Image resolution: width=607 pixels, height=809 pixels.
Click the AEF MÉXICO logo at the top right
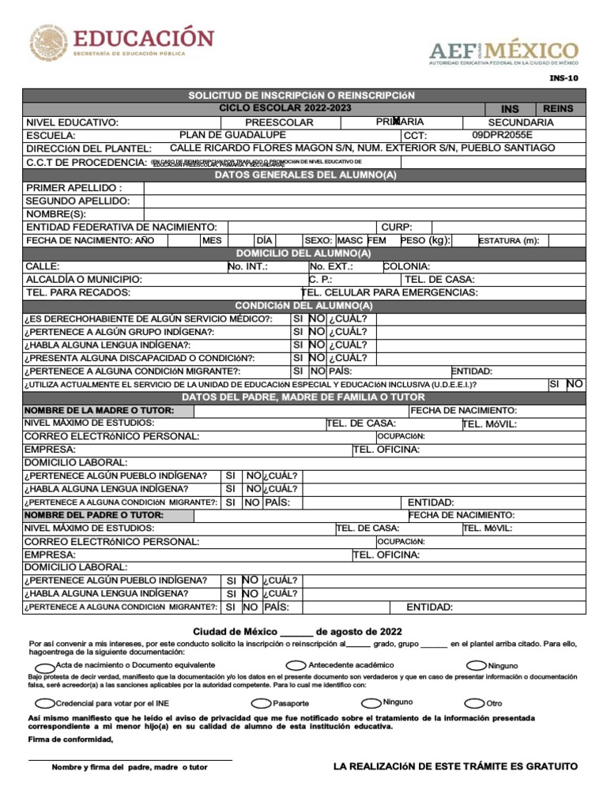[503, 52]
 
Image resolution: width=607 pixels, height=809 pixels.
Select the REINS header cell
[559, 108]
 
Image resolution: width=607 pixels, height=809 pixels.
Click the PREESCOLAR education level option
[279, 122]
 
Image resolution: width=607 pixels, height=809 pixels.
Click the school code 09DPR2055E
[502, 135]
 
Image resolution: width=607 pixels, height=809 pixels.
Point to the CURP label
[397, 227]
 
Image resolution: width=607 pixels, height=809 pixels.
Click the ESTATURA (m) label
[508, 240]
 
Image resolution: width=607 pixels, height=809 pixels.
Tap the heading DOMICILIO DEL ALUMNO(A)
[303, 254]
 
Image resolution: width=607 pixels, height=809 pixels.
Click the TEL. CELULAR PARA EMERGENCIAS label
[390, 292]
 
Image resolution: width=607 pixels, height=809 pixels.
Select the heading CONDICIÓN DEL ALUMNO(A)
[303, 306]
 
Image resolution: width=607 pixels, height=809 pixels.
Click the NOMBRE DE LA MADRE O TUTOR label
[100, 411]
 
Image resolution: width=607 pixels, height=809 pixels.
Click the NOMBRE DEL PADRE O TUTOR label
[98, 515]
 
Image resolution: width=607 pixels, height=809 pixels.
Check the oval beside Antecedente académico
[296, 665]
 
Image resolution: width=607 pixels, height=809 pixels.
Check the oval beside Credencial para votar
[46, 702]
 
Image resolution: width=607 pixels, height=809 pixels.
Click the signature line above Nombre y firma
[130, 760]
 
